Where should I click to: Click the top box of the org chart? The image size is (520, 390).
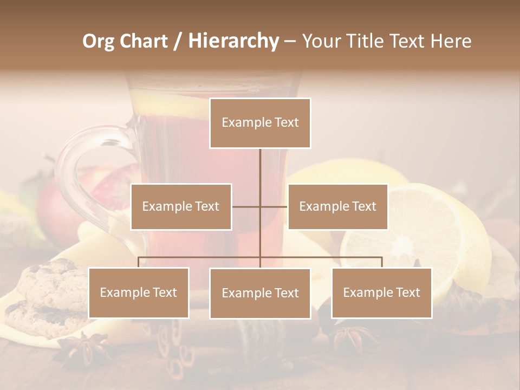click(x=260, y=123)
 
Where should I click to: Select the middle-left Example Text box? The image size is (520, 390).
click(x=181, y=206)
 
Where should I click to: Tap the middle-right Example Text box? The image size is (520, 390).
click(x=337, y=206)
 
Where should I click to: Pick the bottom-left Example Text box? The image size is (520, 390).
click(x=139, y=292)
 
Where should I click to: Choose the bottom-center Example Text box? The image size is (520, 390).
click(x=260, y=293)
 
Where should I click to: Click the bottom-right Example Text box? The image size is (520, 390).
click(x=381, y=292)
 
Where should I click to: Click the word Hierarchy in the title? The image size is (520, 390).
click(x=233, y=41)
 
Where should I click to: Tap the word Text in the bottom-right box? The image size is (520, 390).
click(x=408, y=292)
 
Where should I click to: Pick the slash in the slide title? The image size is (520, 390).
click(x=177, y=41)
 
